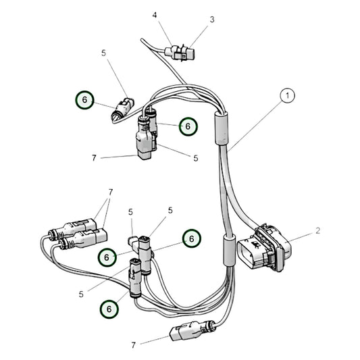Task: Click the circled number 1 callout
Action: (x=287, y=95)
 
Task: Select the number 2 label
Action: (x=317, y=230)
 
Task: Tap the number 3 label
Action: (x=212, y=20)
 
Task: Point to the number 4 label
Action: (x=155, y=15)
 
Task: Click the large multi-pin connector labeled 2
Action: (x=264, y=247)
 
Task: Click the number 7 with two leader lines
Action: (x=111, y=192)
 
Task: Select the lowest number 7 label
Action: (x=134, y=345)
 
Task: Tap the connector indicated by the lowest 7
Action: (x=192, y=330)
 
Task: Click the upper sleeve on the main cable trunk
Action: (x=221, y=128)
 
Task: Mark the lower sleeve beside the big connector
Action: (x=229, y=251)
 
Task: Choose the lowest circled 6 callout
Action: (x=109, y=309)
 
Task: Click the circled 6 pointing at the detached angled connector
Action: (x=84, y=100)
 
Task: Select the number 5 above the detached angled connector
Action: (x=103, y=53)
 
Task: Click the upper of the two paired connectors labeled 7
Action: (x=73, y=228)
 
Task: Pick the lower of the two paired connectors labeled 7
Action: (x=83, y=239)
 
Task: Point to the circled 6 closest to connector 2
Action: (x=192, y=238)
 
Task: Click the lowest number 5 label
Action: (x=81, y=294)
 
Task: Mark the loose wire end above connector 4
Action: (x=143, y=40)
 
